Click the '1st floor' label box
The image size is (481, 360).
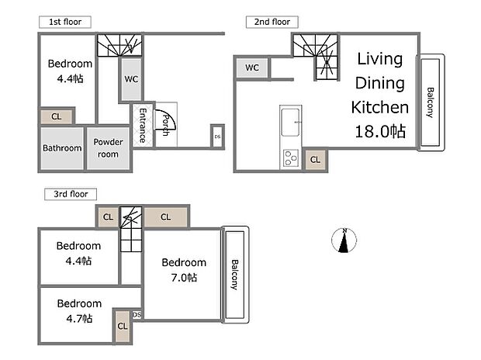(x=64, y=22)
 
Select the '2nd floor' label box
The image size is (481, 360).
(x=272, y=22)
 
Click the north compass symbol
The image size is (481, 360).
(x=344, y=241)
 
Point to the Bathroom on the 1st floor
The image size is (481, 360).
(x=62, y=148)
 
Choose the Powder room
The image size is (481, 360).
(x=107, y=148)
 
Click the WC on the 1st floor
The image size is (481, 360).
(x=130, y=78)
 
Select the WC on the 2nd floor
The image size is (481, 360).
(x=252, y=68)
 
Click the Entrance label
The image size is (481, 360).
(x=143, y=125)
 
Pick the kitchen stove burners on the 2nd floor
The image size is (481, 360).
(x=291, y=158)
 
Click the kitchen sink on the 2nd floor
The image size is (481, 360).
(x=292, y=123)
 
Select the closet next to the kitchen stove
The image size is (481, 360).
(x=314, y=159)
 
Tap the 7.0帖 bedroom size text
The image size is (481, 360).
(x=185, y=277)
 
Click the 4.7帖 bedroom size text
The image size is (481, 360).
(x=78, y=318)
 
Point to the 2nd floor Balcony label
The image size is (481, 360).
(x=431, y=102)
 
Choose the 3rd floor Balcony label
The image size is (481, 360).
(x=234, y=275)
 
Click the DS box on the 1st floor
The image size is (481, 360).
(x=217, y=137)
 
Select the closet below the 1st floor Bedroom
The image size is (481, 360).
(x=57, y=117)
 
